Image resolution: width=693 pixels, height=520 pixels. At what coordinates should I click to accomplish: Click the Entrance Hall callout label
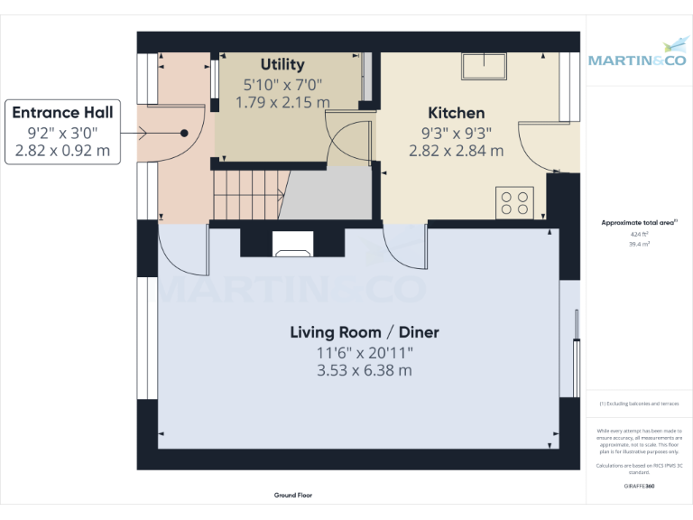[62, 113]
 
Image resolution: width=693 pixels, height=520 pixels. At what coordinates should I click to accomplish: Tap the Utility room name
[282, 65]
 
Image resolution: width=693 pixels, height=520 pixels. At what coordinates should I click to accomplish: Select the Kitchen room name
[456, 113]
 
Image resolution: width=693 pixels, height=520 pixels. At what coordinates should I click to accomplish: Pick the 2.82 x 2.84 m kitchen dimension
[456, 151]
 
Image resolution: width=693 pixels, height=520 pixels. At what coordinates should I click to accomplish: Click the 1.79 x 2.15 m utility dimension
[282, 103]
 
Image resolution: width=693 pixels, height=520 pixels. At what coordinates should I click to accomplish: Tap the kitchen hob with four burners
[515, 201]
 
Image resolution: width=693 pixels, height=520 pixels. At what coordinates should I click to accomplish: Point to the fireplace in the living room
[292, 243]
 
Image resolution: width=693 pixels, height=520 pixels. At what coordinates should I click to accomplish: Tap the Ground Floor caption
[293, 495]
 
